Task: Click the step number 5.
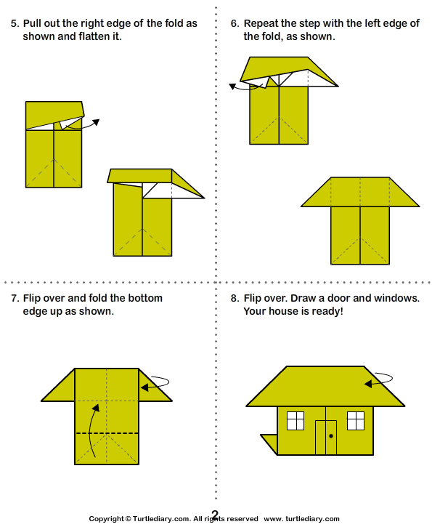[14, 24]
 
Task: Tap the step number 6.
[234, 24]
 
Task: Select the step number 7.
[14, 298]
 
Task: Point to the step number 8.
[234, 298]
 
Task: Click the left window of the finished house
[296, 420]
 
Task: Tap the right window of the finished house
[356, 420]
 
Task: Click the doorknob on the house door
[331, 436]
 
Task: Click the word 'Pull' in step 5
[33, 24]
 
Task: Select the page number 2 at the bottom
[215, 514]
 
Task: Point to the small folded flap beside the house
[269, 441]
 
